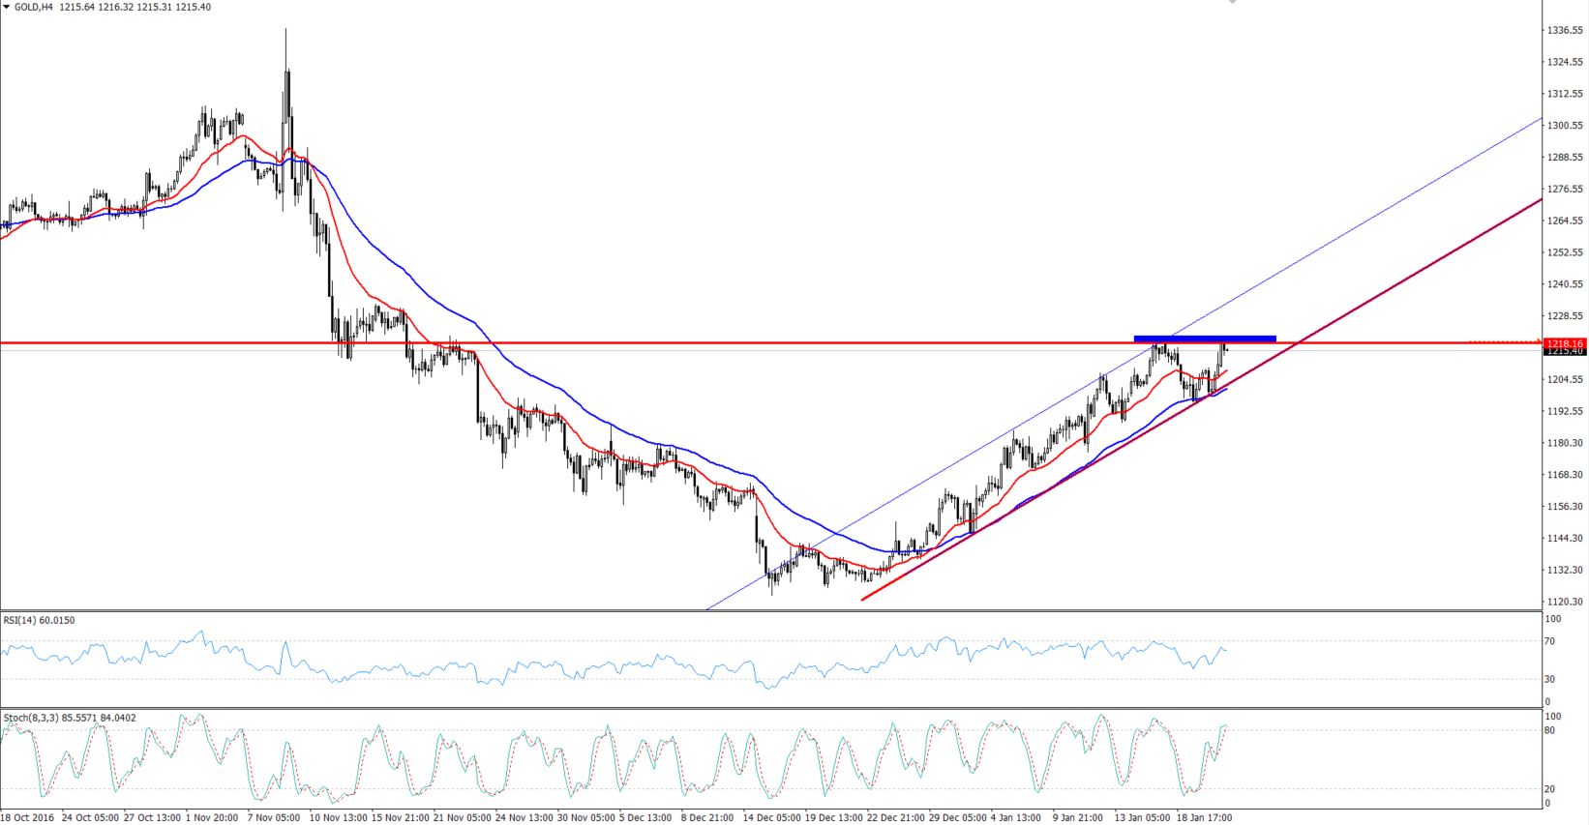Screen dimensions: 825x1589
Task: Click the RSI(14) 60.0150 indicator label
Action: pyautogui.click(x=39, y=620)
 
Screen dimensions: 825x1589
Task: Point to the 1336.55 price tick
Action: pyautogui.click(x=1564, y=31)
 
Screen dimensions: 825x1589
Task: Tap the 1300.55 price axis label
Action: pyautogui.click(x=1564, y=126)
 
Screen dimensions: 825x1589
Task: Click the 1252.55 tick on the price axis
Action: pyautogui.click(x=1564, y=252)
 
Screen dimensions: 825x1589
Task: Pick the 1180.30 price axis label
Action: pyautogui.click(x=1564, y=443)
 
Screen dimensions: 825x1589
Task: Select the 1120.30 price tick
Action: pyautogui.click(x=1564, y=602)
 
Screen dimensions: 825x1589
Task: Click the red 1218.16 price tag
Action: pyautogui.click(x=1564, y=343)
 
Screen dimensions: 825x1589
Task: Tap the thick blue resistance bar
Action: pyautogui.click(x=1205, y=338)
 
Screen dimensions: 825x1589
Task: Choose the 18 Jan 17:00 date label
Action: pyautogui.click(x=1204, y=817)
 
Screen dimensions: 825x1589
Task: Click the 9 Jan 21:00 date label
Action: pyautogui.click(x=1078, y=817)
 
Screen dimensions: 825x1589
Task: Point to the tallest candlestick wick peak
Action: pyautogui.click(x=285, y=29)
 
